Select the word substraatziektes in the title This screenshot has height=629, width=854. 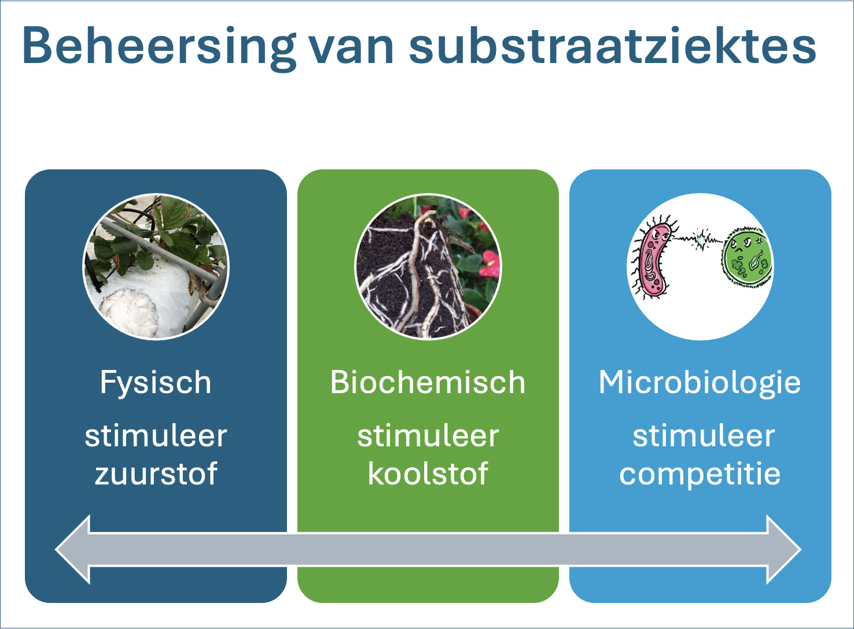(612, 46)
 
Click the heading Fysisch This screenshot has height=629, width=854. (156, 383)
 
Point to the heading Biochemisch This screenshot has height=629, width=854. (428, 382)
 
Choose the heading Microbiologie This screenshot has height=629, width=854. (700, 383)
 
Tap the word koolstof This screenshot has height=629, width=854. (428, 473)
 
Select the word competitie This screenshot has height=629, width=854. (700, 475)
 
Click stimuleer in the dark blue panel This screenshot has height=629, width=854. (156, 436)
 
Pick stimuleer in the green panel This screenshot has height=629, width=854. (428, 436)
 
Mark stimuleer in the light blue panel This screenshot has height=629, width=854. (704, 436)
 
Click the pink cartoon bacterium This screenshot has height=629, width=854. (653, 259)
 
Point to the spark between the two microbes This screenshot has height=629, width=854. (701, 240)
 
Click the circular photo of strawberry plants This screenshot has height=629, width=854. (156, 267)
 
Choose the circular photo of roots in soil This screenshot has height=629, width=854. (428, 267)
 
